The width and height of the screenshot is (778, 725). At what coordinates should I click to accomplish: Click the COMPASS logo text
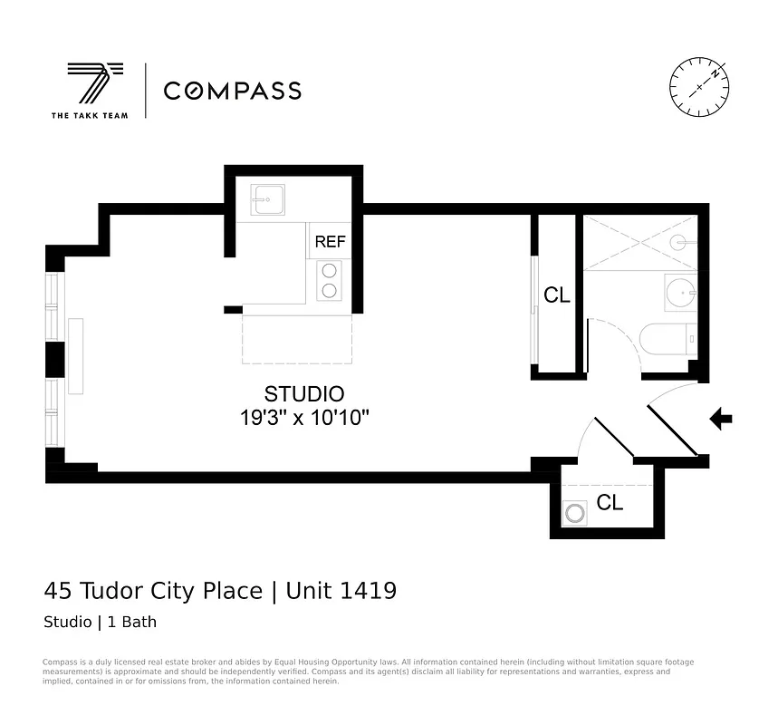(232, 91)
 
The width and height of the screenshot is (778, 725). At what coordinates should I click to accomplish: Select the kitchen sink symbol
(267, 199)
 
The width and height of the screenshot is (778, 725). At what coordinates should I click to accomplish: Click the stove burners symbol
(329, 280)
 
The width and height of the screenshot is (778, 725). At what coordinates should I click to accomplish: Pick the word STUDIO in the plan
(303, 394)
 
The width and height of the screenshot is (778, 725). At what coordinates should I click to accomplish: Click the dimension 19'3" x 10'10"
(303, 418)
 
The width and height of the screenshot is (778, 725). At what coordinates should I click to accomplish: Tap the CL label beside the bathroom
(556, 295)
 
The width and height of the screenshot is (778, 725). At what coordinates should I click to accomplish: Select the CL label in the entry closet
(610, 503)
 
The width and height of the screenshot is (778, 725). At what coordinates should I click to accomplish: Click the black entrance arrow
(721, 418)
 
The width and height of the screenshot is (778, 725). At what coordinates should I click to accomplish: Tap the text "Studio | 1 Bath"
(101, 623)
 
